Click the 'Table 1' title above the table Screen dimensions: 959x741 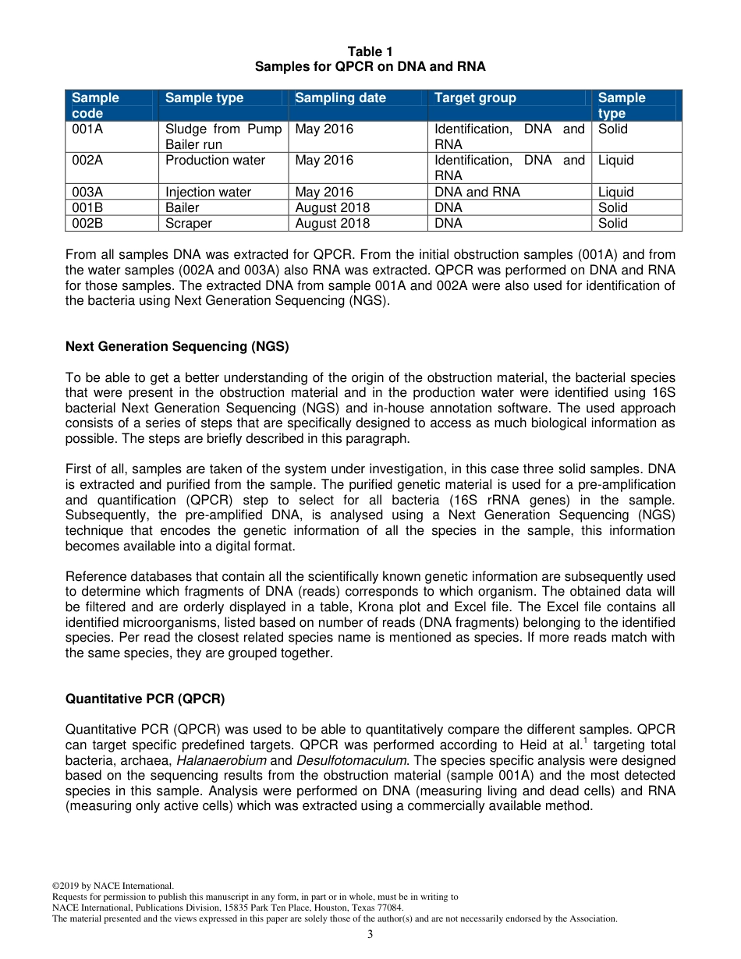pos(370,51)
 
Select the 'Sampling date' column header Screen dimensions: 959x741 pos(340,97)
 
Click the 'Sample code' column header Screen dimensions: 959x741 pos(95,105)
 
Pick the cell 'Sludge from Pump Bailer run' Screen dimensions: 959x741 pos(223,136)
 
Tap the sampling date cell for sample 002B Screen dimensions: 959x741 pos(332,223)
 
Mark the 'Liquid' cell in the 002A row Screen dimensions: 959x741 pos(615,160)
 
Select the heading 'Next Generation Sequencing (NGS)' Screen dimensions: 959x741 pos(177,346)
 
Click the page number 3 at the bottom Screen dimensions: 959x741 pos(370,935)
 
